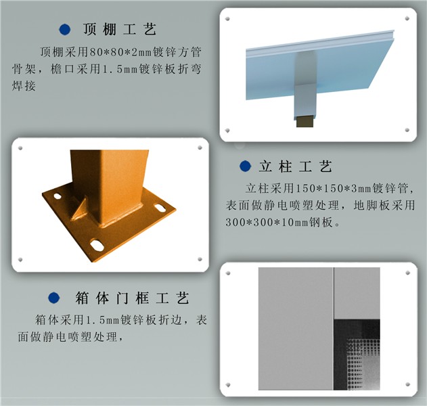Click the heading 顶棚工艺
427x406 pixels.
point(120,29)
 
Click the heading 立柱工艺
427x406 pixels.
point(296,166)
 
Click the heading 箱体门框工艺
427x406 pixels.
point(132,298)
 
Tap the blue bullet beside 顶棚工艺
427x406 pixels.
point(65,29)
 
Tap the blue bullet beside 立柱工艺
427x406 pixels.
point(245,166)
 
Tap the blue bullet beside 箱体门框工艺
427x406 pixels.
point(54,298)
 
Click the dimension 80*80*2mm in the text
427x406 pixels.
point(120,52)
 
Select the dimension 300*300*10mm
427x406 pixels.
point(267,223)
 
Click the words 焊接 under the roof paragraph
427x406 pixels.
point(24,86)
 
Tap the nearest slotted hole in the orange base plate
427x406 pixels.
point(97,246)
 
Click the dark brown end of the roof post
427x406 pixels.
point(305,121)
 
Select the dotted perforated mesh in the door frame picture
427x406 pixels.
point(363,364)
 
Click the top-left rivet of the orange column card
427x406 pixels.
point(20,148)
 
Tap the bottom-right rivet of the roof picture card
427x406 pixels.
point(407,130)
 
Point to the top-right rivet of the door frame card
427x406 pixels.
point(407,273)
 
